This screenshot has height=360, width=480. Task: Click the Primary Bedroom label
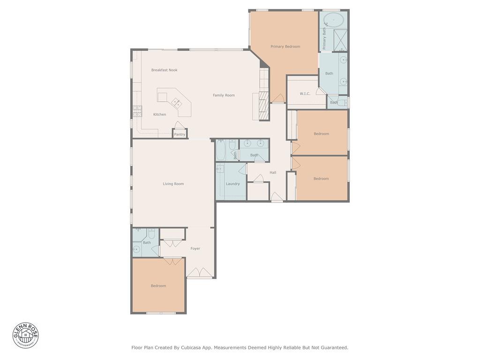coord(285,46)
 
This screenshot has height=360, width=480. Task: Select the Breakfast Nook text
coord(164,70)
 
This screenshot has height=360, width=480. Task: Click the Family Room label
coord(224,95)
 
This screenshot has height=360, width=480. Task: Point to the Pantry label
coord(180,135)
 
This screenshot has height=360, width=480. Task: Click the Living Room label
coord(173,184)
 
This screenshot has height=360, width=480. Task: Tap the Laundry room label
coord(232,184)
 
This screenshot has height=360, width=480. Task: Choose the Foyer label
coord(195,248)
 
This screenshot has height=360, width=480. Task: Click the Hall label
coord(273,172)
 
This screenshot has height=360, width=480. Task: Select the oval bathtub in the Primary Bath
coord(333,20)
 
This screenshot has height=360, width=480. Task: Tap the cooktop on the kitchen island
coord(177,102)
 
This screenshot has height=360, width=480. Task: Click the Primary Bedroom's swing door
coord(278,98)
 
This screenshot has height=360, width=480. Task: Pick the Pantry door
coord(179,125)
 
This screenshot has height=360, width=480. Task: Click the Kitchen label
coord(159,114)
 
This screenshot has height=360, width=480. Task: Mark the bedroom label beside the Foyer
coord(158,285)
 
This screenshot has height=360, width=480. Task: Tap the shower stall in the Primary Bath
coord(340,40)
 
